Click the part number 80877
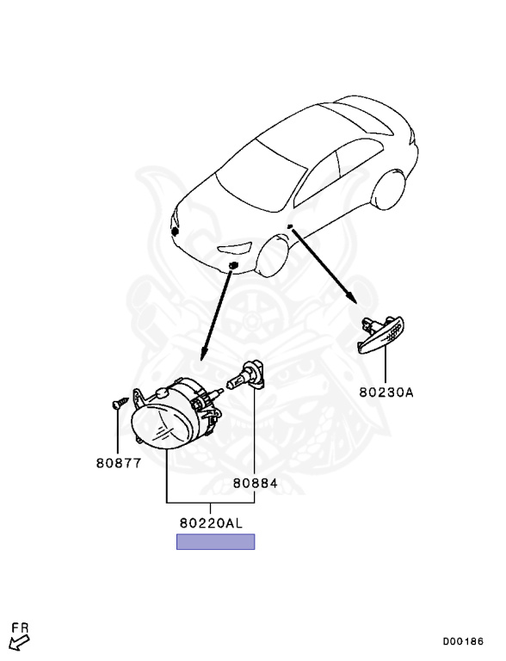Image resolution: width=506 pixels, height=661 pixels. tap(119, 463)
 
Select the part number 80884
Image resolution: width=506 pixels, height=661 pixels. tap(255, 483)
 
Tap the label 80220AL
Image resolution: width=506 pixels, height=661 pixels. tap(211, 523)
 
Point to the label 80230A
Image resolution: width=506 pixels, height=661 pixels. tap(386, 392)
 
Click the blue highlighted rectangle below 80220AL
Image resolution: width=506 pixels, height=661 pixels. tap(215, 541)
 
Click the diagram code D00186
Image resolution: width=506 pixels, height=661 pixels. tap(463, 641)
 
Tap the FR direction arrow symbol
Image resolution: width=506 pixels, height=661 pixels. tap(19, 642)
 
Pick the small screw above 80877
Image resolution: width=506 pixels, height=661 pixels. tap(120, 403)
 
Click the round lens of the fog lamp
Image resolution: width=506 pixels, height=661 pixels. tap(163, 423)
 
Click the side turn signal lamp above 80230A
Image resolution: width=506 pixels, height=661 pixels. tap(380, 334)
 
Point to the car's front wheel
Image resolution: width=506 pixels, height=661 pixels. tap(273, 256)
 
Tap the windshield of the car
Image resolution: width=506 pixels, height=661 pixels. tap(261, 174)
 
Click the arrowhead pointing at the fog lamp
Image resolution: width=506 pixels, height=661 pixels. tap(205, 352)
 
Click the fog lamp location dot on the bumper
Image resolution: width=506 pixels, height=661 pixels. tap(232, 266)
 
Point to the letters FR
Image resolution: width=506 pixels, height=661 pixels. tap(20, 628)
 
